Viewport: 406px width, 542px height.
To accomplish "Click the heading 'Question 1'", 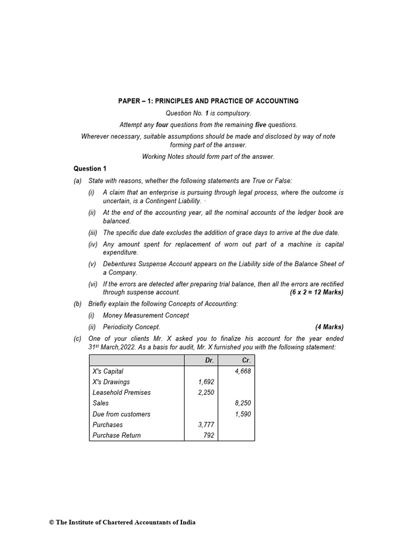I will [x=90, y=168].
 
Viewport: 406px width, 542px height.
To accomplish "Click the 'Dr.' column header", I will [x=209, y=360].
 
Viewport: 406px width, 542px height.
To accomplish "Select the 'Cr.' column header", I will [x=246, y=360].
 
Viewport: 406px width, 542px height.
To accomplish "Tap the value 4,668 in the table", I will [x=243, y=371].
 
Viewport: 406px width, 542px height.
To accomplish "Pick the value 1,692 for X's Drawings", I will [x=206, y=382].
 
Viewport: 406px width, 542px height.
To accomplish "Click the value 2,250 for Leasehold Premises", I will [x=206, y=392].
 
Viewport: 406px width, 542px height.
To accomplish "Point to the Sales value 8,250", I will [x=243, y=403].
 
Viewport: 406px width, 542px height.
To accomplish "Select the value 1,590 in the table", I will [x=243, y=414].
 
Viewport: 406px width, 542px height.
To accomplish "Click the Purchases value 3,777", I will [x=206, y=424].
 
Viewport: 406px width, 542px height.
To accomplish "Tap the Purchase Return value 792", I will [x=209, y=435].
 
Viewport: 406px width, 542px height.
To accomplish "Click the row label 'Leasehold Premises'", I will [x=122, y=392].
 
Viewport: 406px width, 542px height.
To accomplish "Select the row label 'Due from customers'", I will [x=121, y=414].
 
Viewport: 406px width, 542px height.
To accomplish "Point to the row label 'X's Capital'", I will [x=108, y=371].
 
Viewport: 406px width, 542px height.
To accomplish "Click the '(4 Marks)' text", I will [x=329, y=327].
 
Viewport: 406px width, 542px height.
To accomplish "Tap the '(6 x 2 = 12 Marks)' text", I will [x=317, y=292].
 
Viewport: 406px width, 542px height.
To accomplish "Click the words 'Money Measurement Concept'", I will [x=146, y=315].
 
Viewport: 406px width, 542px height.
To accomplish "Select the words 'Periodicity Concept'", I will [x=132, y=327].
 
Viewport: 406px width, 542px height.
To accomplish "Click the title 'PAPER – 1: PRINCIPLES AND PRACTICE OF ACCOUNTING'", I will [x=208, y=101].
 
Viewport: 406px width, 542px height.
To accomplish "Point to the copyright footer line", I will [x=122, y=522].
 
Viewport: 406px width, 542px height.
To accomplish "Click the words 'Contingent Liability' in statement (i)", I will [x=172, y=201].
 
